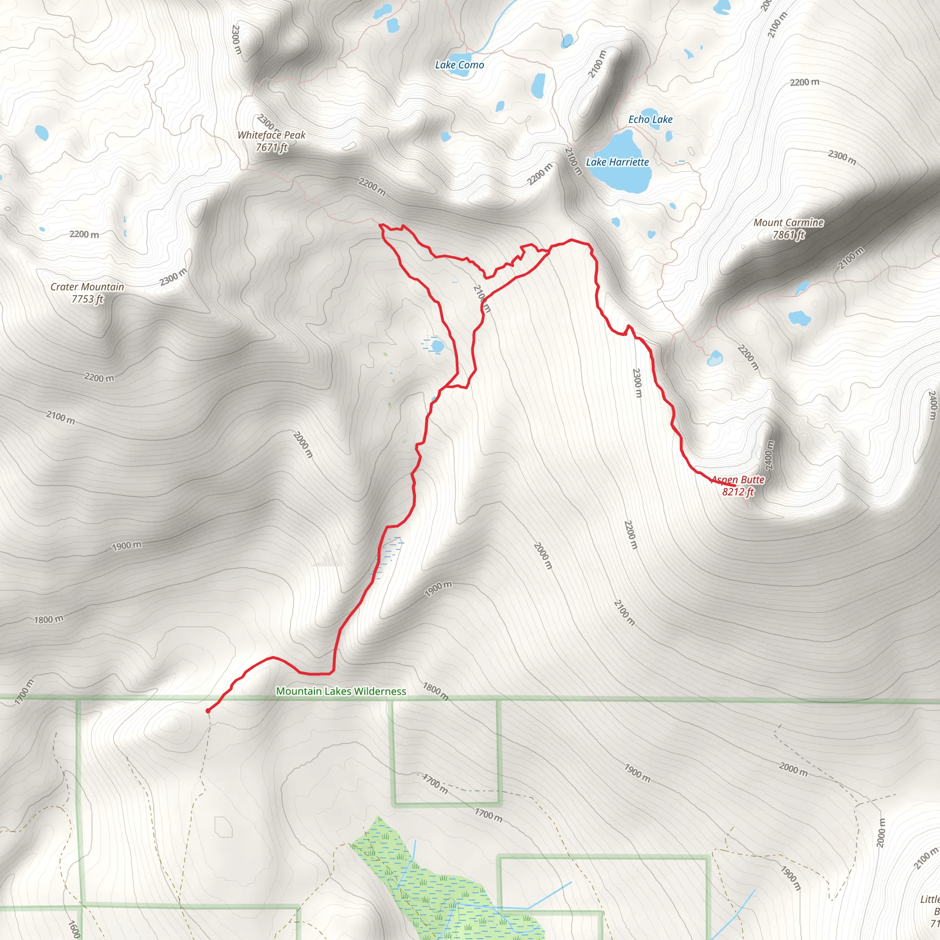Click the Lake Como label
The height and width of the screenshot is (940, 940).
[x=459, y=65]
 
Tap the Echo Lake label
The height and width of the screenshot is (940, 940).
[x=650, y=119]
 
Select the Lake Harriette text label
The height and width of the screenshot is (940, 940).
[x=617, y=162]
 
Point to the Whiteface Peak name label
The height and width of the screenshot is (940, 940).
[x=272, y=135]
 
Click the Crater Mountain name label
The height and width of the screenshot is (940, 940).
[x=87, y=286]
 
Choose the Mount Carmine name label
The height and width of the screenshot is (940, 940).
[x=788, y=222]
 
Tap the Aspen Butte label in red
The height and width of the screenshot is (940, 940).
[x=738, y=480]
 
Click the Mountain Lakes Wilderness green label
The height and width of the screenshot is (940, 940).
[x=341, y=691]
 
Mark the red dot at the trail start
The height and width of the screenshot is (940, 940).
[x=208, y=711]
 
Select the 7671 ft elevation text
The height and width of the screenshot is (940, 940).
[x=272, y=147]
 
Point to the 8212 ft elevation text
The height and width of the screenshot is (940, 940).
[x=738, y=492]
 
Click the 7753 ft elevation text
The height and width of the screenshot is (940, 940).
[x=87, y=299]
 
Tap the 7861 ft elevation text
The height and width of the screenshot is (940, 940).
[x=788, y=235]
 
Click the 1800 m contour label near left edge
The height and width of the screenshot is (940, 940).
[x=49, y=619]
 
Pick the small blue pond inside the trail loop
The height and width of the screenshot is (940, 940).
[x=437, y=346]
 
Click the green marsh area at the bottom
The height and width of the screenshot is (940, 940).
[x=438, y=890]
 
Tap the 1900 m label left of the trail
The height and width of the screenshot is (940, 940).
[x=127, y=545]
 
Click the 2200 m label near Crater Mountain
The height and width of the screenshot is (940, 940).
[x=84, y=235]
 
